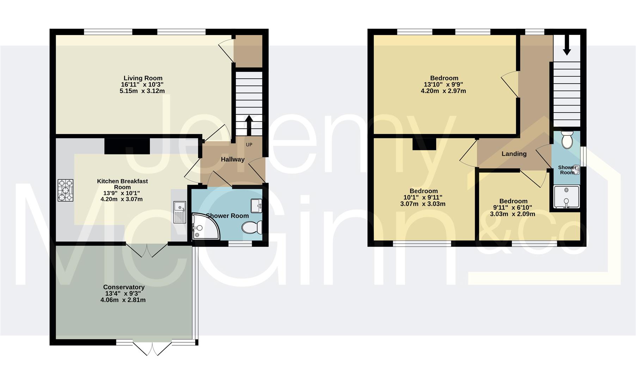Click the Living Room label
pos(143,78)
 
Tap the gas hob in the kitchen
pos(66,190)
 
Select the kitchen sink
pos(179,212)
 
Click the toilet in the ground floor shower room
pos(252,227)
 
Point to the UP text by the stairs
pos(249,145)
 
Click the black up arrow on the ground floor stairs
pos(249,125)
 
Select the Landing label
pos(514,154)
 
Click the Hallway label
pos(233,159)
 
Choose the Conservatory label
pos(124,287)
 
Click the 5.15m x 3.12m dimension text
pos(142,91)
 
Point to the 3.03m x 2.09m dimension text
pos(513,214)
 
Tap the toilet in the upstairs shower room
pos(567,140)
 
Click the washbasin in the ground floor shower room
pos(256,205)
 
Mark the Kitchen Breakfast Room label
pos(122,184)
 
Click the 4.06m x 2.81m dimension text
pos(123,300)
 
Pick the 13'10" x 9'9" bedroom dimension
pos(444,85)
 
